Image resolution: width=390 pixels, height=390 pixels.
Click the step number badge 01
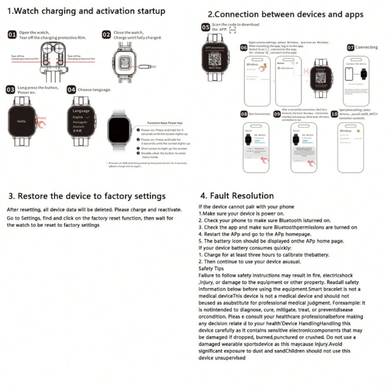[x=12, y=35]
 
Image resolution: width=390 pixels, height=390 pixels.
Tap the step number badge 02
[x=107, y=35]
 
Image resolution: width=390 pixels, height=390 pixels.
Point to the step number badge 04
[x=71, y=90]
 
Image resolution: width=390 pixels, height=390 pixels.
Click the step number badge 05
[x=206, y=27]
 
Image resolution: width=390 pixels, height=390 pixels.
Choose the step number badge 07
[x=351, y=47]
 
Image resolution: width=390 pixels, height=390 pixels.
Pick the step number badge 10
[x=334, y=114]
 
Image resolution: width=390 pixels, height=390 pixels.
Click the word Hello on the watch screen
[x=21, y=121]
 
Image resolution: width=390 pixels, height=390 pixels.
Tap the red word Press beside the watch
[x=42, y=118]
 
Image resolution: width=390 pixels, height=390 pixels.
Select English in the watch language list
[x=78, y=117]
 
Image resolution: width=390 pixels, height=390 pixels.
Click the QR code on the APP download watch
[x=215, y=57]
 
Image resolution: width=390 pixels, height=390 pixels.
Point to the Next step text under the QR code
[x=215, y=67]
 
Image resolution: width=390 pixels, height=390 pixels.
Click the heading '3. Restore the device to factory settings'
[x=87, y=196]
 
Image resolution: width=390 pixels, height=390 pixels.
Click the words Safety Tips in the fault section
[x=211, y=268]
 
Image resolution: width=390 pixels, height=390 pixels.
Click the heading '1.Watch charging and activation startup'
[x=86, y=11]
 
